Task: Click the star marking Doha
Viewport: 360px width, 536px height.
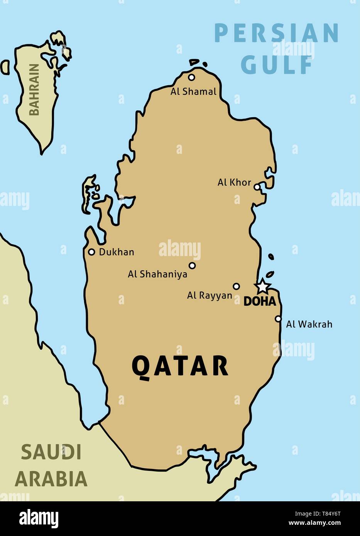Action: click(x=262, y=286)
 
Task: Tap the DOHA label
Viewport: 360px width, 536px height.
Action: click(x=260, y=302)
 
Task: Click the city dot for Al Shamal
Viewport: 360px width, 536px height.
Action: click(x=191, y=78)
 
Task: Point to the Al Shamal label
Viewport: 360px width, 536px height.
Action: click(x=193, y=92)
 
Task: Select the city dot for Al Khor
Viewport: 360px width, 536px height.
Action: click(x=257, y=187)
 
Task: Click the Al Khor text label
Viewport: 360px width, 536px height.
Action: click(x=234, y=182)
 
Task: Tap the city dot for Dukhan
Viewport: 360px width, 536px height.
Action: click(x=91, y=252)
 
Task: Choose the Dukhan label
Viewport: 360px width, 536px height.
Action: click(x=117, y=252)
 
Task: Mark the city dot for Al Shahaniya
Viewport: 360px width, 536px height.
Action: click(x=192, y=265)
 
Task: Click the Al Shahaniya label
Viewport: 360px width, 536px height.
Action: click(x=157, y=274)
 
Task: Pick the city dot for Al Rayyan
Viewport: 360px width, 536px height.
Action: click(x=237, y=287)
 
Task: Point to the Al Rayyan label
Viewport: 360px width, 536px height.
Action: click(x=210, y=296)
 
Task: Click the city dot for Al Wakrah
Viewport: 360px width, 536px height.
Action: click(x=278, y=319)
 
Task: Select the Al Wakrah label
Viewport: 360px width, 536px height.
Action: click(x=309, y=324)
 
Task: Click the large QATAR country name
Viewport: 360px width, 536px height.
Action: click(x=180, y=366)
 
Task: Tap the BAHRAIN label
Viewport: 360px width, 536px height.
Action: click(x=34, y=89)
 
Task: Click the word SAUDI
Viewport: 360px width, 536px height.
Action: click(x=51, y=452)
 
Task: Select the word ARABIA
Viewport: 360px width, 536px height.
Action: click(x=51, y=479)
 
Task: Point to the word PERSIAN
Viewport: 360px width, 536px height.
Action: click(x=276, y=34)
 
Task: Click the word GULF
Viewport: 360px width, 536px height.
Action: click(x=277, y=65)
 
